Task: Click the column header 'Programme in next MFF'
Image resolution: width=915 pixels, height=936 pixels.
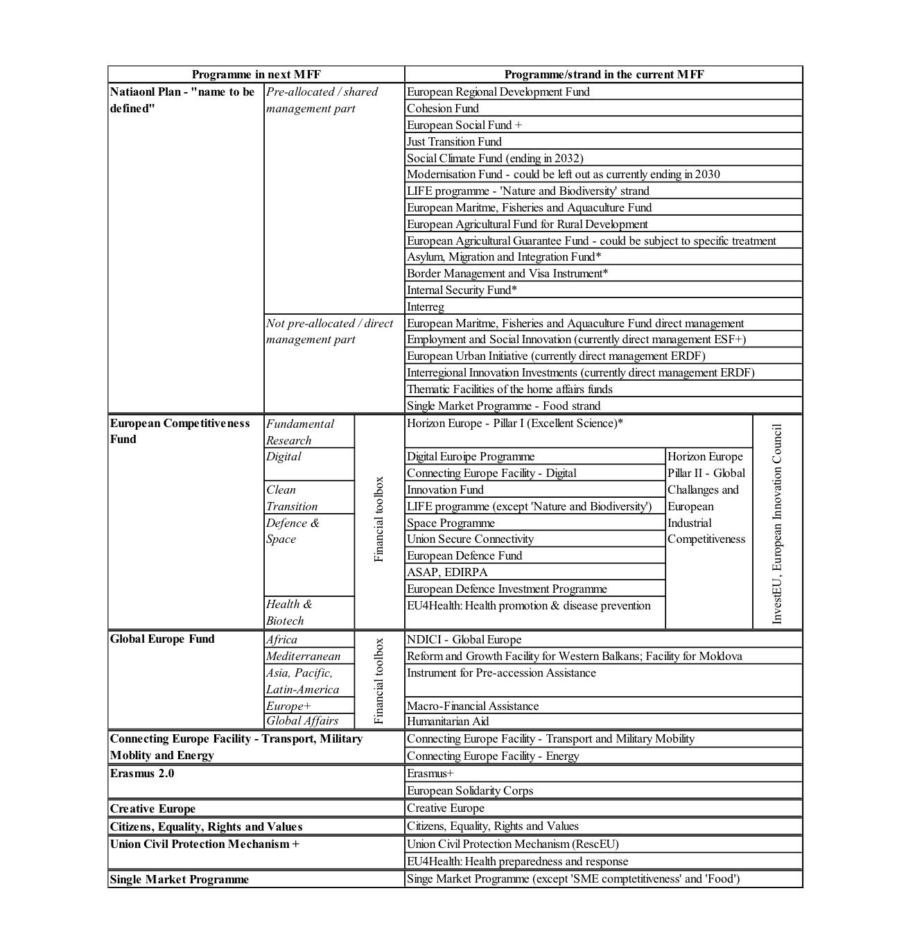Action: click(256, 74)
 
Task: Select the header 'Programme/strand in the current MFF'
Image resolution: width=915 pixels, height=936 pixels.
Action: click(603, 74)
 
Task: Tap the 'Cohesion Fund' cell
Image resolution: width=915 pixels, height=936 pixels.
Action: click(443, 108)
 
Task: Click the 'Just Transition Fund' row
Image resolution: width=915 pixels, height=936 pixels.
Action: click(454, 141)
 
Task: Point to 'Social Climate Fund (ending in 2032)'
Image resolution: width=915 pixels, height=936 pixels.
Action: click(495, 158)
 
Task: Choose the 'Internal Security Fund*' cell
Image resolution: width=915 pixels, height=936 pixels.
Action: click(462, 290)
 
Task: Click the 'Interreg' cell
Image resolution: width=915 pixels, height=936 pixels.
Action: click(426, 306)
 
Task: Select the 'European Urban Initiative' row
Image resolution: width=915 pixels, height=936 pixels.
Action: click(556, 356)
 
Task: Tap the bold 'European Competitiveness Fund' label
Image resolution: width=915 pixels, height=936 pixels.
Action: click(180, 431)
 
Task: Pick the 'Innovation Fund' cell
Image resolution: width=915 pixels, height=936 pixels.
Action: click(445, 489)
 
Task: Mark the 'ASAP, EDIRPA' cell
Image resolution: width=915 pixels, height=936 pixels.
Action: click(447, 572)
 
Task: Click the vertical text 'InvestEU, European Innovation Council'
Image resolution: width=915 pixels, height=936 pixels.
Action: click(776, 523)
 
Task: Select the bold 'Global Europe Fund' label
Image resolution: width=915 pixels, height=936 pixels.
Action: click(162, 639)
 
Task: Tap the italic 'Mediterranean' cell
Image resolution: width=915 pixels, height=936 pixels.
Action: click(303, 656)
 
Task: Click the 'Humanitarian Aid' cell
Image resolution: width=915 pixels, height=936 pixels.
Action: click(448, 721)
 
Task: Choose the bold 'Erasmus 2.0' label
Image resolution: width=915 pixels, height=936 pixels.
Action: click(142, 773)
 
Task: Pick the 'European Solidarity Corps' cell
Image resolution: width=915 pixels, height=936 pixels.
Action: click(470, 790)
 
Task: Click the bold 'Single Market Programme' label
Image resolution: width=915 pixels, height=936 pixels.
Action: click(179, 879)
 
